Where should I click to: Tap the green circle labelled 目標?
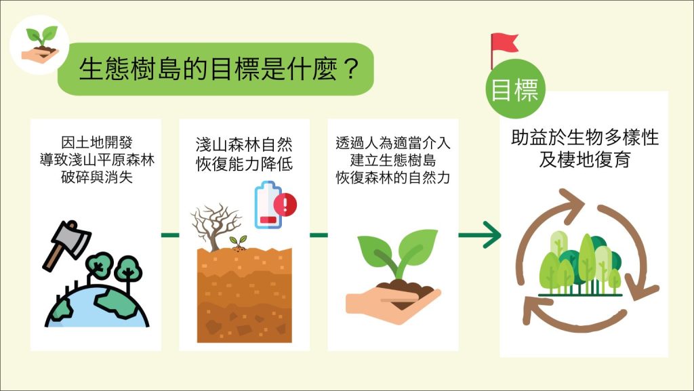click(x=516, y=89)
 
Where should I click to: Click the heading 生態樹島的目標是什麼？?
click(x=218, y=69)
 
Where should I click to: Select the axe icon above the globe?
click(x=66, y=244)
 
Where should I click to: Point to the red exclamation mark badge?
click(x=285, y=205)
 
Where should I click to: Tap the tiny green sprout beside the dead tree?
click(x=238, y=243)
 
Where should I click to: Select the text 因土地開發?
click(x=97, y=142)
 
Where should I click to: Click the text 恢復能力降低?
click(x=244, y=164)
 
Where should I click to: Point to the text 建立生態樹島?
click(x=393, y=160)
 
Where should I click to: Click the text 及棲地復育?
click(x=585, y=159)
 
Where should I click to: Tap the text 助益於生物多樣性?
click(x=585, y=138)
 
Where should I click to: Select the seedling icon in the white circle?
click(x=41, y=44)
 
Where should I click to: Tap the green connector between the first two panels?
click(x=170, y=235)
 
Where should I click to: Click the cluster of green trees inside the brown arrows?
click(x=580, y=264)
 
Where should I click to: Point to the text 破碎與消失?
click(x=97, y=178)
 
